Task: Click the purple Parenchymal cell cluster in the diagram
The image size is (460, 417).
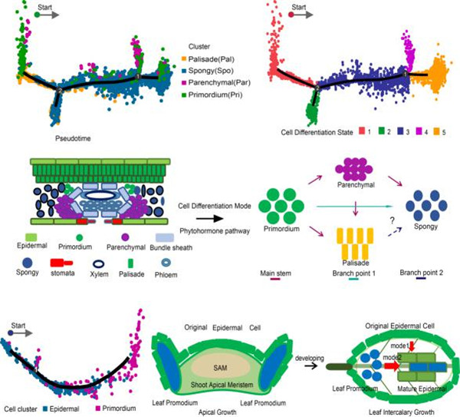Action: point(354,188)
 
